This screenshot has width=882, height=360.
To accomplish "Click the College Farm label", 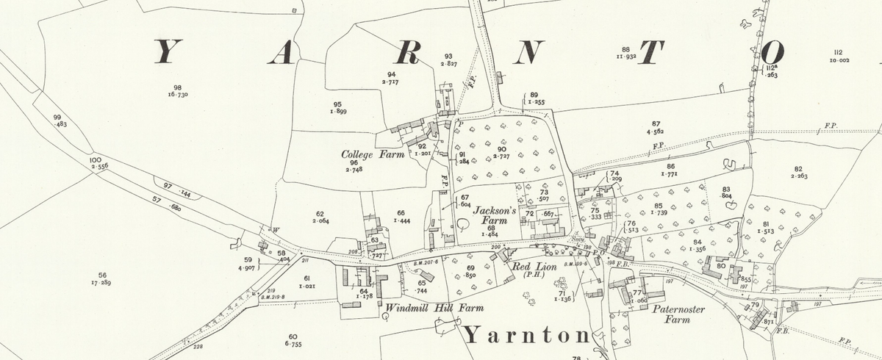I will (373, 155).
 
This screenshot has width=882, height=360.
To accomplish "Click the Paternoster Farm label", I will (678, 314).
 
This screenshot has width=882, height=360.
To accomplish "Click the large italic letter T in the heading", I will (652, 52).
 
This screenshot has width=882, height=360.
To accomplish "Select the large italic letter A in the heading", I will (286, 52).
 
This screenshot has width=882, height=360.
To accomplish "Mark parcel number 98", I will (177, 87).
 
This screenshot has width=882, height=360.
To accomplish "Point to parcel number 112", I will (838, 51).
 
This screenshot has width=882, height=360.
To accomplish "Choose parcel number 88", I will (625, 49).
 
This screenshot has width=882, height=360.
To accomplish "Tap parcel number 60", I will (293, 336).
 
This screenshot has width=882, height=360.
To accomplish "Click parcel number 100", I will (95, 159).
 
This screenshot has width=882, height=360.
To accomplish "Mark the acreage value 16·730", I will (178, 95).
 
